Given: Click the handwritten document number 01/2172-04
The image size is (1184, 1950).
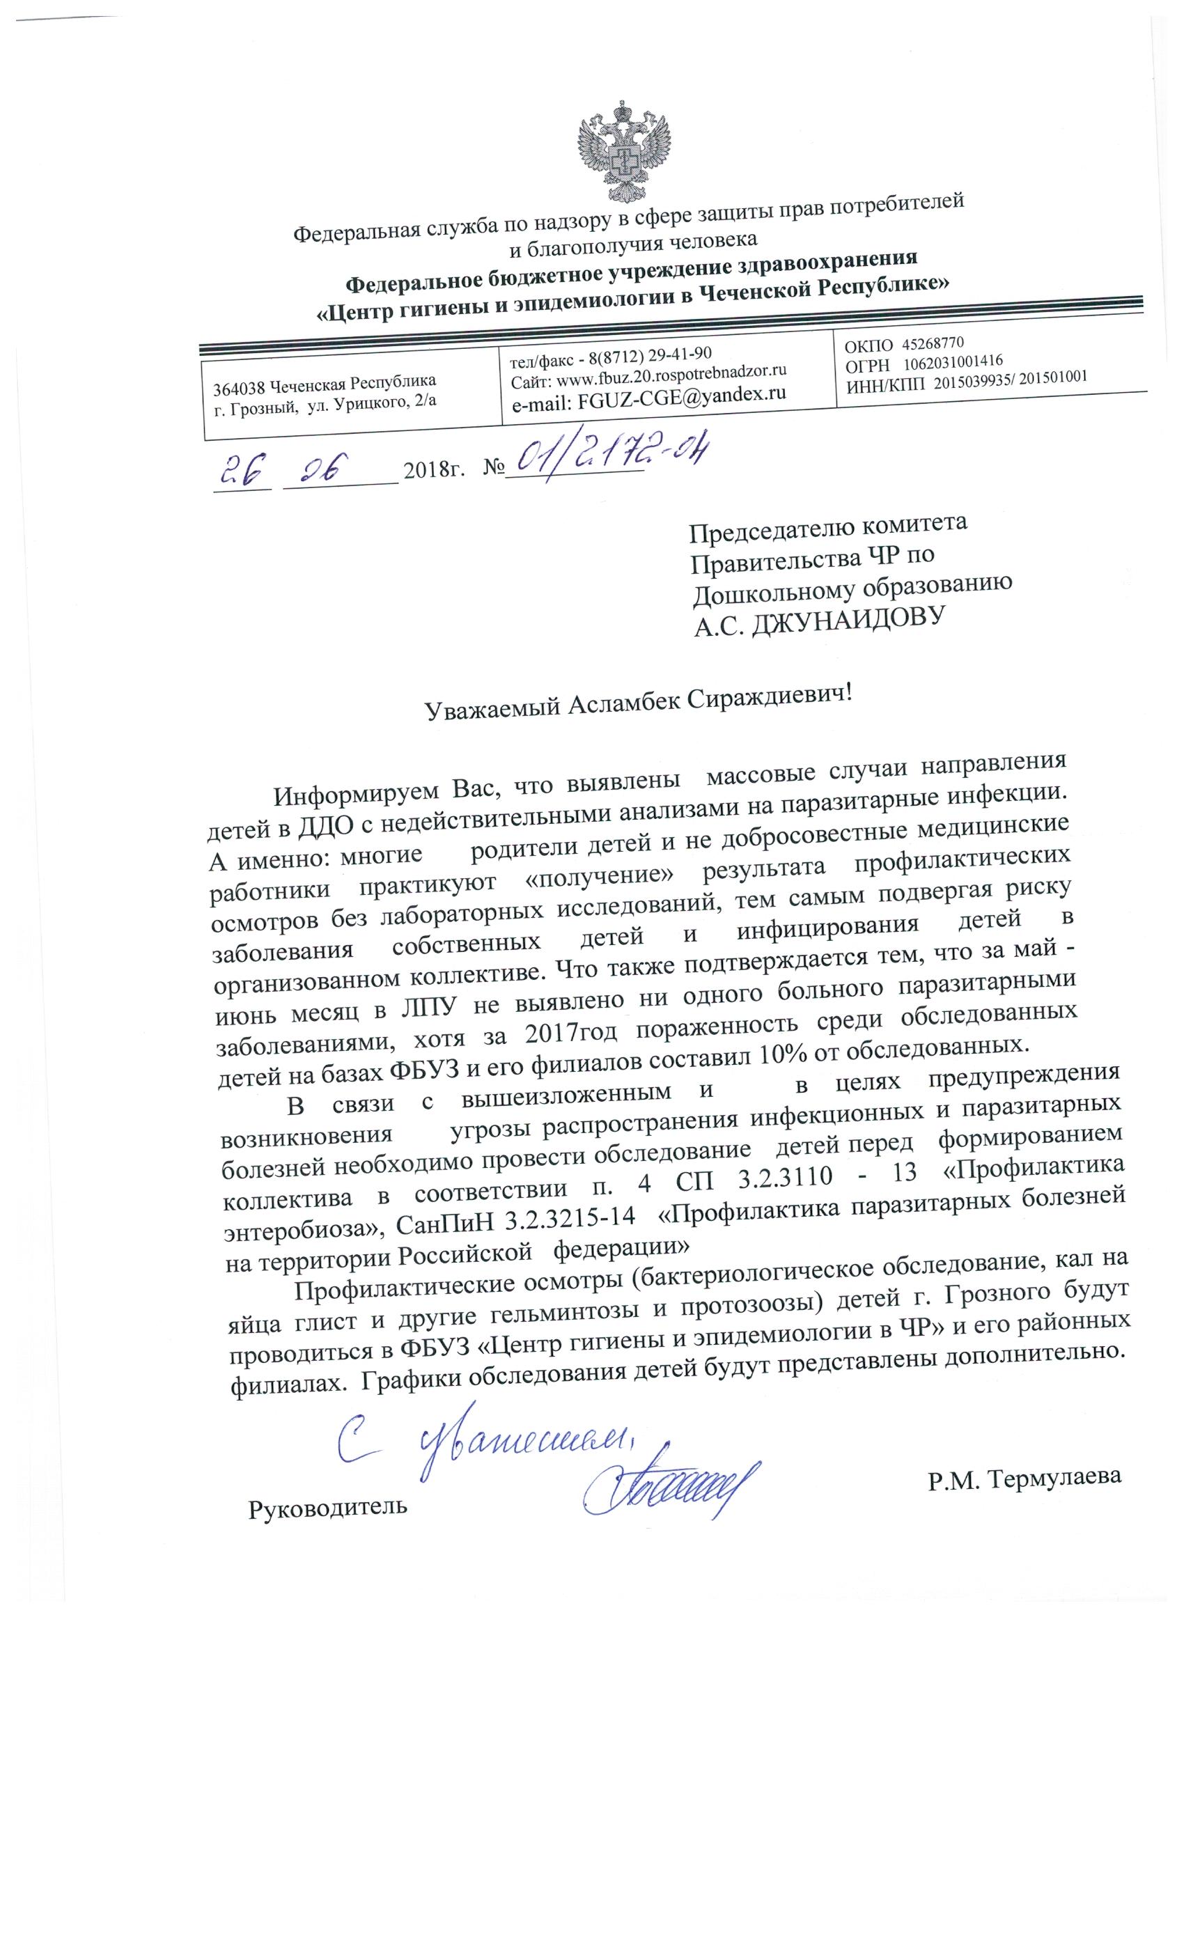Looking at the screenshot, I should click(607, 458).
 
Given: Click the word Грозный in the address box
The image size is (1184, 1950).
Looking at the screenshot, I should click(266, 404).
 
